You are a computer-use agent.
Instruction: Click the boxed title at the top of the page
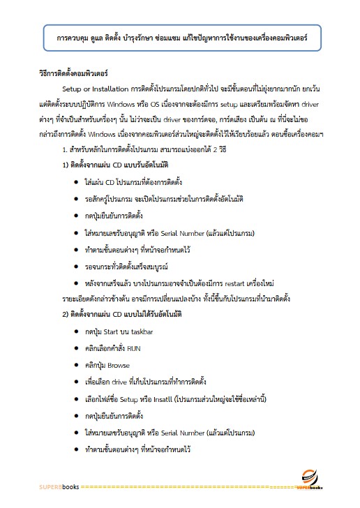[179, 35]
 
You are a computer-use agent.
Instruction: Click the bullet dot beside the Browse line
[75, 365]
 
